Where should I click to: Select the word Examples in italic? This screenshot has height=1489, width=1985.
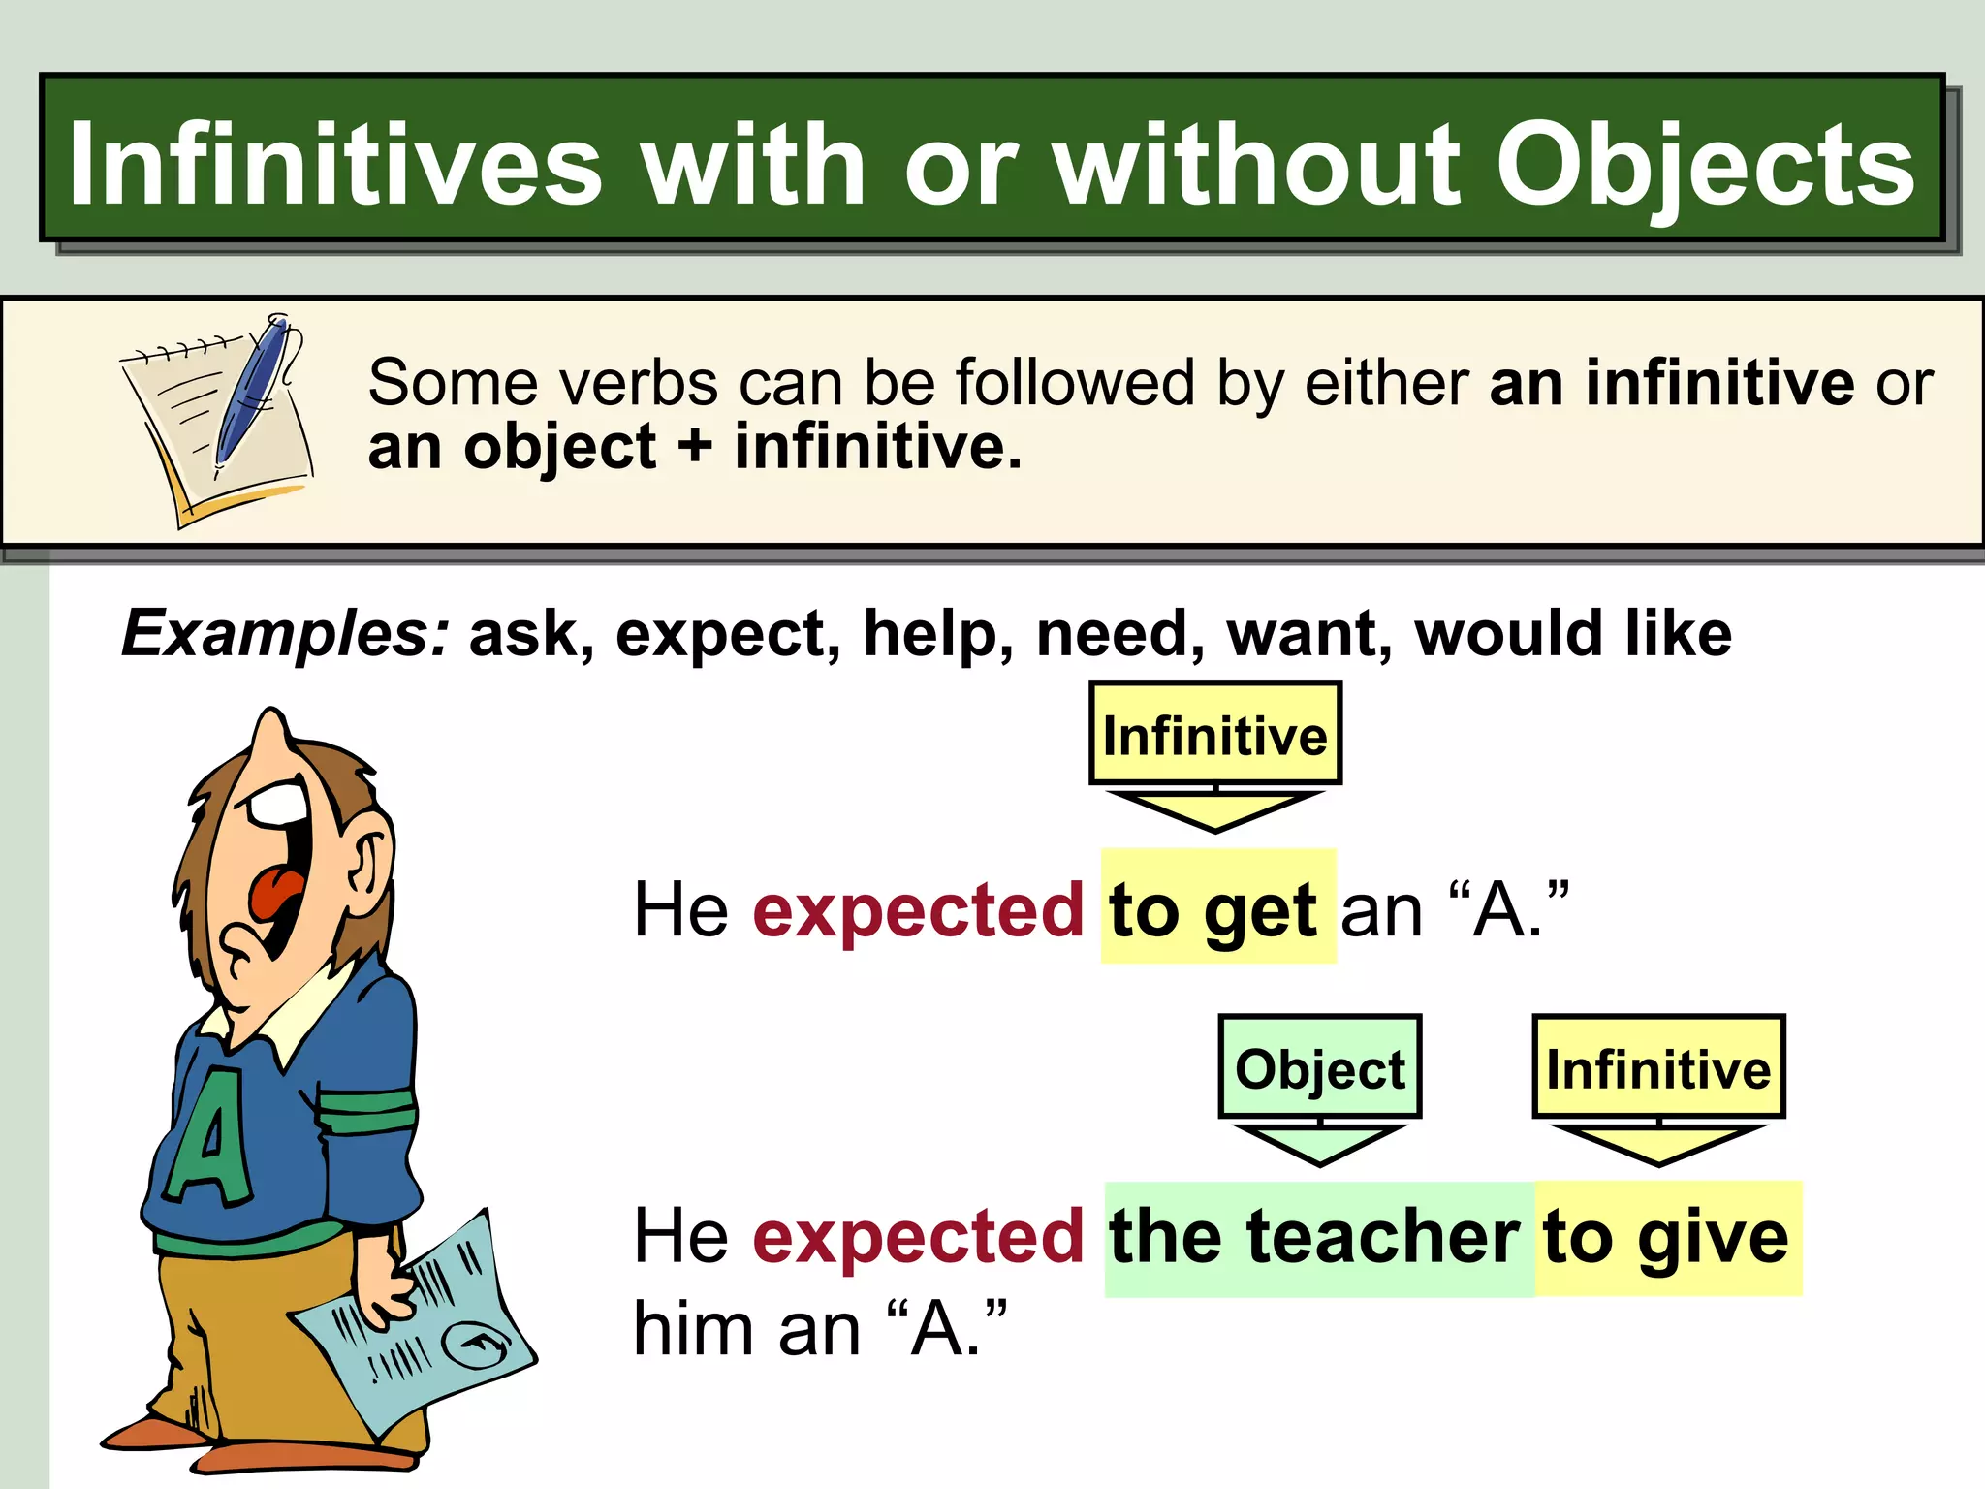tap(285, 634)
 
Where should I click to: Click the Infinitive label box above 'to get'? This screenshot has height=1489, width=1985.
tap(1214, 734)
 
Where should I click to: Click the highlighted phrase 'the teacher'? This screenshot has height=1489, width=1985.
tap(1315, 1238)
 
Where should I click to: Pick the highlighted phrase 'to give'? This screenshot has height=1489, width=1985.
tap(1666, 1238)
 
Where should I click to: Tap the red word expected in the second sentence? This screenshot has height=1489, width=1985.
tap(918, 1238)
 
